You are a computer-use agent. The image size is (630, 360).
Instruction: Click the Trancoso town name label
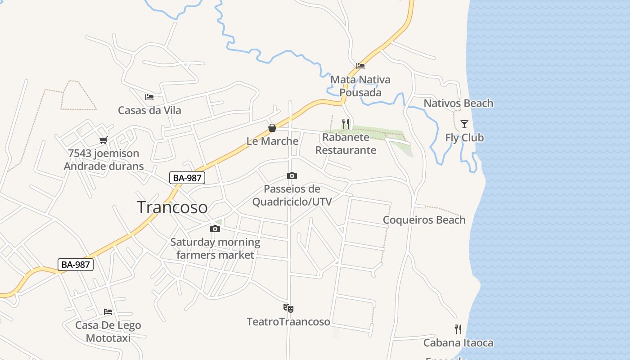pos(172,207)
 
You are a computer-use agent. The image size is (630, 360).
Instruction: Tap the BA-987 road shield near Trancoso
pos(187,178)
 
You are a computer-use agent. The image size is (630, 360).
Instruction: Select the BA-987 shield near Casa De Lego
pos(76,265)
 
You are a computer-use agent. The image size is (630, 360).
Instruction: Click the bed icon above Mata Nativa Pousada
pos(360,66)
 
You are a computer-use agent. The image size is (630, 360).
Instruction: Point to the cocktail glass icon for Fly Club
pos(464,124)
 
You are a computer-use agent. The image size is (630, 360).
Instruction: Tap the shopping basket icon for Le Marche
pos(272,128)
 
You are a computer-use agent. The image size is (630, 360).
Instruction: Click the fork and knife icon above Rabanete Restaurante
pos(346,123)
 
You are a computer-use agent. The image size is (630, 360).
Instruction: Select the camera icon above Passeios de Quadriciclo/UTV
pos(292,175)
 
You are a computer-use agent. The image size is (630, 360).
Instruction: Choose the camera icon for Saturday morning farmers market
pos(215,229)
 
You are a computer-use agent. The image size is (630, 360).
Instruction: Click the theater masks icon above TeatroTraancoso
pos(288,308)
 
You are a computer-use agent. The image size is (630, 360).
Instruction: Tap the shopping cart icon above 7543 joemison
pos(103,140)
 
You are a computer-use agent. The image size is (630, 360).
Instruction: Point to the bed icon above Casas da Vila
pos(149,97)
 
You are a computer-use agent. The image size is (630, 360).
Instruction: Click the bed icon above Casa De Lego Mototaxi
pos(108,312)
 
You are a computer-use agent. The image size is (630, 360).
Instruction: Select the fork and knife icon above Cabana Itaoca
pos(458,329)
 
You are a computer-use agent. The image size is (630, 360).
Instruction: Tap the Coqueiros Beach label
pos(424,220)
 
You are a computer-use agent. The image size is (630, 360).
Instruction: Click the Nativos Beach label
pos(458,103)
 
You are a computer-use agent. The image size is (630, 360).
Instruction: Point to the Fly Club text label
pos(464,138)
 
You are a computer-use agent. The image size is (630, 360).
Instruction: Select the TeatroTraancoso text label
pos(288,322)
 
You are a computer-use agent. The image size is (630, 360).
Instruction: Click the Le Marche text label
pos(272,141)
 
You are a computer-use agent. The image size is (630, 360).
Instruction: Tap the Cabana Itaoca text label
pos(458,343)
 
